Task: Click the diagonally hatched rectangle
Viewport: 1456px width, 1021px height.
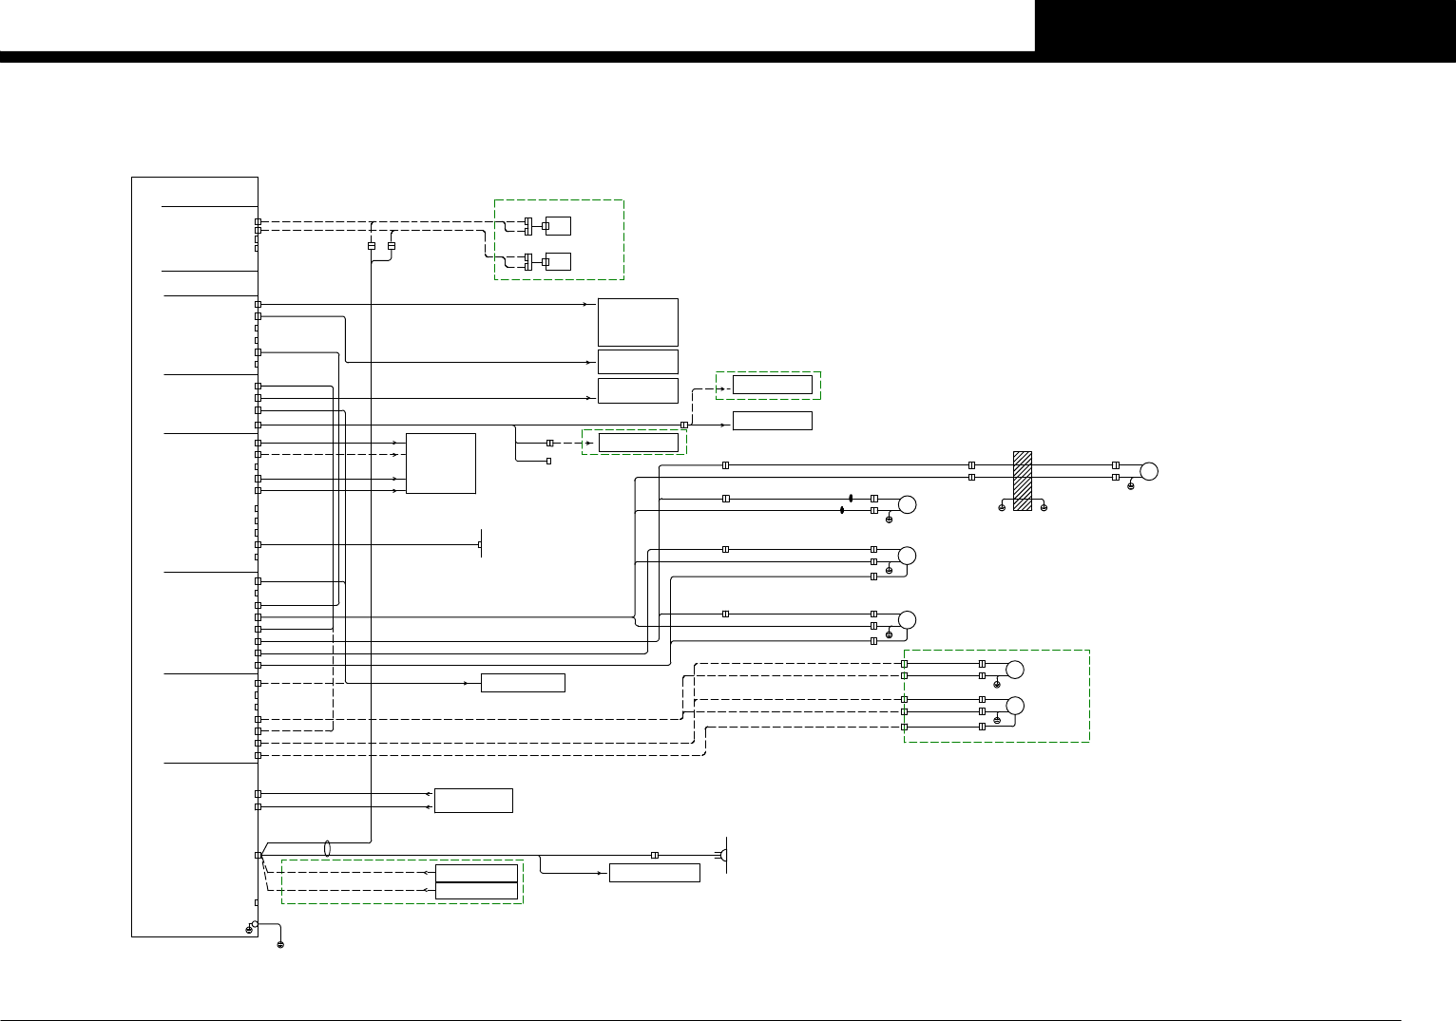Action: (1023, 481)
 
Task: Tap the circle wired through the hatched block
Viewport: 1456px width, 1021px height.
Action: (1149, 471)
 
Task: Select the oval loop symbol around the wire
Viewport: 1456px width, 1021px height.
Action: (327, 847)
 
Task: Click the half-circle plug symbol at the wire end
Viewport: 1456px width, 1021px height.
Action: (723, 856)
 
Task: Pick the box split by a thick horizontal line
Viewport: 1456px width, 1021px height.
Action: (476, 881)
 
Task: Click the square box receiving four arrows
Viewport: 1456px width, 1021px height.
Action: (440, 463)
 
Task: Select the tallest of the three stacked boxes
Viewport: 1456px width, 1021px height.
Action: (638, 322)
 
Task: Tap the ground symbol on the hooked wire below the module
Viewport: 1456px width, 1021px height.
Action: (280, 945)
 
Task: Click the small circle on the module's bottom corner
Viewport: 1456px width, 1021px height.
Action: (255, 923)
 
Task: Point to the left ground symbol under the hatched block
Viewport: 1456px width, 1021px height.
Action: (1002, 508)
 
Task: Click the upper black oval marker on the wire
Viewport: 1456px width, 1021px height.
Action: (851, 499)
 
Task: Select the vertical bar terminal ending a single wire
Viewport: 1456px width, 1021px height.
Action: (480, 544)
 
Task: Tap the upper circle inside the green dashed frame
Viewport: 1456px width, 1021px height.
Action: (1015, 670)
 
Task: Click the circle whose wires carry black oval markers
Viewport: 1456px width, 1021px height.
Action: (908, 504)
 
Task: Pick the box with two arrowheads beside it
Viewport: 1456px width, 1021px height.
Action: (473, 800)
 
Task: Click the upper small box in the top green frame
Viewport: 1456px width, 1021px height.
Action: (558, 226)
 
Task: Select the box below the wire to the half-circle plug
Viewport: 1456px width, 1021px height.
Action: (654, 873)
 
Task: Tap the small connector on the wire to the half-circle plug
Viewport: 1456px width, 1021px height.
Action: (654, 856)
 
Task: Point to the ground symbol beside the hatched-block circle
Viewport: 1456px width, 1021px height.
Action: (1130, 486)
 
